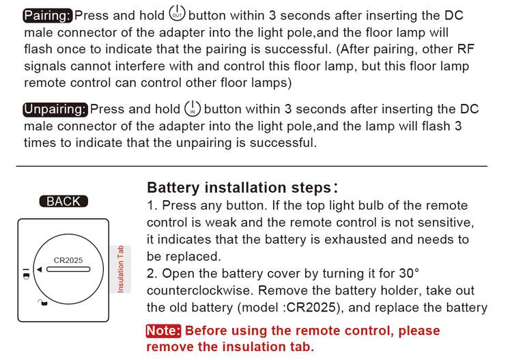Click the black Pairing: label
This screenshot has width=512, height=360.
click(x=48, y=16)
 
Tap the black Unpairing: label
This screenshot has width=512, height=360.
click(x=55, y=109)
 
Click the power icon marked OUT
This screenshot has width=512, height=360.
click(x=177, y=14)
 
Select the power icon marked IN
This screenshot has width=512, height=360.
click(x=193, y=109)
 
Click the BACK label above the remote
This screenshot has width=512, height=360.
click(x=63, y=202)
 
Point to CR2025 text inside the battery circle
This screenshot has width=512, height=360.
click(x=68, y=260)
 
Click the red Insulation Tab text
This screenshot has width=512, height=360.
click(x=120, y=269)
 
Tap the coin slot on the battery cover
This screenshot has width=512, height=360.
click(x=68, y=270)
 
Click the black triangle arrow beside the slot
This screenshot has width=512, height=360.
click(x=40, y=270)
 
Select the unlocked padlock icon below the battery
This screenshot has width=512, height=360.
click(x=42, y=303)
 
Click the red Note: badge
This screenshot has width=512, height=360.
click(x=163, y=331)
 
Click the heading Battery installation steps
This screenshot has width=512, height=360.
click(x=240, y=187)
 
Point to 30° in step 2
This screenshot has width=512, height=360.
click(x=409, y=273)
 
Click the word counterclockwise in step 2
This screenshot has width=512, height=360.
click(x=200, y=290)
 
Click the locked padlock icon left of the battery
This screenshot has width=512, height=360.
click(x=27, y=274)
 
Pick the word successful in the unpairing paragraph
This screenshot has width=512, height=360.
click(x=283, y=143)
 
